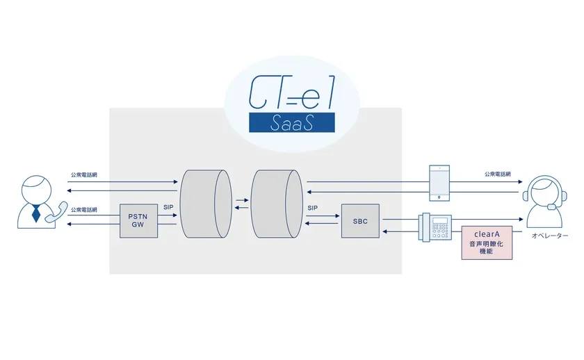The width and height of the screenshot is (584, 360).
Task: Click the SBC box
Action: click(x=360, y=221)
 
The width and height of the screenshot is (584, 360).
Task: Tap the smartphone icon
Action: click(x=439, y=183)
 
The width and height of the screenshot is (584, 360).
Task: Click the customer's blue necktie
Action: click(x=36, y=213)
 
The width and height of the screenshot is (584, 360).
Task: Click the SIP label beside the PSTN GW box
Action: click(x=168, y=207)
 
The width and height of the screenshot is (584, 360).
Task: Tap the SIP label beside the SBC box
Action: click(x=312, y=207)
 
